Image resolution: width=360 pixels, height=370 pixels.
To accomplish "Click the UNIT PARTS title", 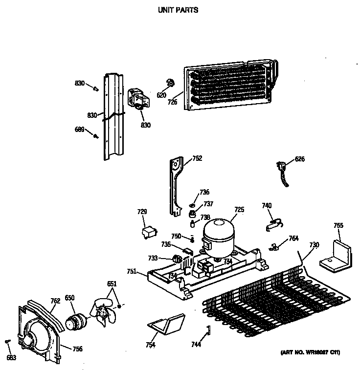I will [178, 9].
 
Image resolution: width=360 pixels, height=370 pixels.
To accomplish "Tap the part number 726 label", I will [173, 103].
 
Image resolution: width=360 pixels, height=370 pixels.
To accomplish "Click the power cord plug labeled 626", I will [283, 169].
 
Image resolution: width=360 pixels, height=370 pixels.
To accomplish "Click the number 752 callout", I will [197, 158].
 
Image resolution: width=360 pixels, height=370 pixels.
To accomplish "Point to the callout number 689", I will [79, 130].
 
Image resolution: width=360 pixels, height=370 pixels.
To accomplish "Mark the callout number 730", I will [314, 245].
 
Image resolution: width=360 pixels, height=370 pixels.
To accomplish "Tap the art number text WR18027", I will [311, 352].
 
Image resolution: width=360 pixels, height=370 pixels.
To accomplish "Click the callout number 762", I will [55, 301].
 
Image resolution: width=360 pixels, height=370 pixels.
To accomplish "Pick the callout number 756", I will [77, 349].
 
